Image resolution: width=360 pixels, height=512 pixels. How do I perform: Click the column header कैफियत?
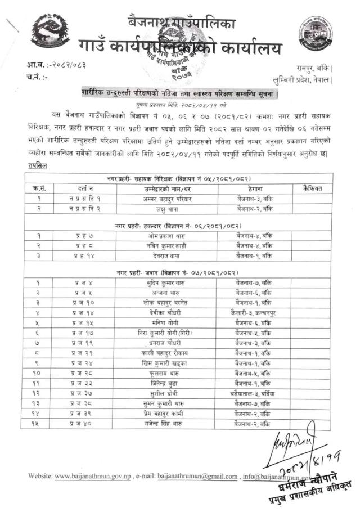(312, 188)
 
